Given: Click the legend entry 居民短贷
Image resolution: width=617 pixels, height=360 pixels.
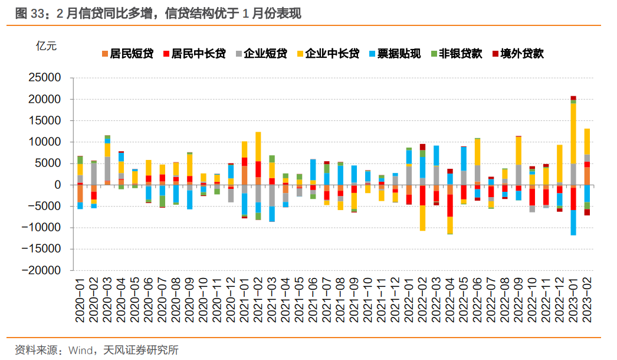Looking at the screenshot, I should coord(127,54).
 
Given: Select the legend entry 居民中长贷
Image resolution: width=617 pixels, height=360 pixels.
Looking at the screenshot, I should coord(193,54).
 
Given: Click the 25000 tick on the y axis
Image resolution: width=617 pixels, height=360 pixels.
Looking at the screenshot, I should coord(45,78).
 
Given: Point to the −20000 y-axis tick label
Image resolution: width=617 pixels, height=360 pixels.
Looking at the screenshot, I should coord(42,270).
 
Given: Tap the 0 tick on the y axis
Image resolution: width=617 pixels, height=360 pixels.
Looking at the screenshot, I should coord(58,185).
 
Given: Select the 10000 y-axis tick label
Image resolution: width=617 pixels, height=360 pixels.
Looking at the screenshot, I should coord(45,142).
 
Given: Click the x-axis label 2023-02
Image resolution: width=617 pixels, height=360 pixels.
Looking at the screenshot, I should coord(587,301).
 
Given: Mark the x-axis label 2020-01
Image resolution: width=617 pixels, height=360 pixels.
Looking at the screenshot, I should coord(80,301).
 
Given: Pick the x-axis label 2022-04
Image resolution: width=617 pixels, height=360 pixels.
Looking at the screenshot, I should coord(449,301).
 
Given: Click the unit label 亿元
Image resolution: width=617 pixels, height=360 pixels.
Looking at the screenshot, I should coord(47,47).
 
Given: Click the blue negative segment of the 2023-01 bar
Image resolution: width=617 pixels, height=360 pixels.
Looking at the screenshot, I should coord(573,222).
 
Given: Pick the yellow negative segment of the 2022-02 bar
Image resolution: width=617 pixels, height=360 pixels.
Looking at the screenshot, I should coord(422,218).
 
